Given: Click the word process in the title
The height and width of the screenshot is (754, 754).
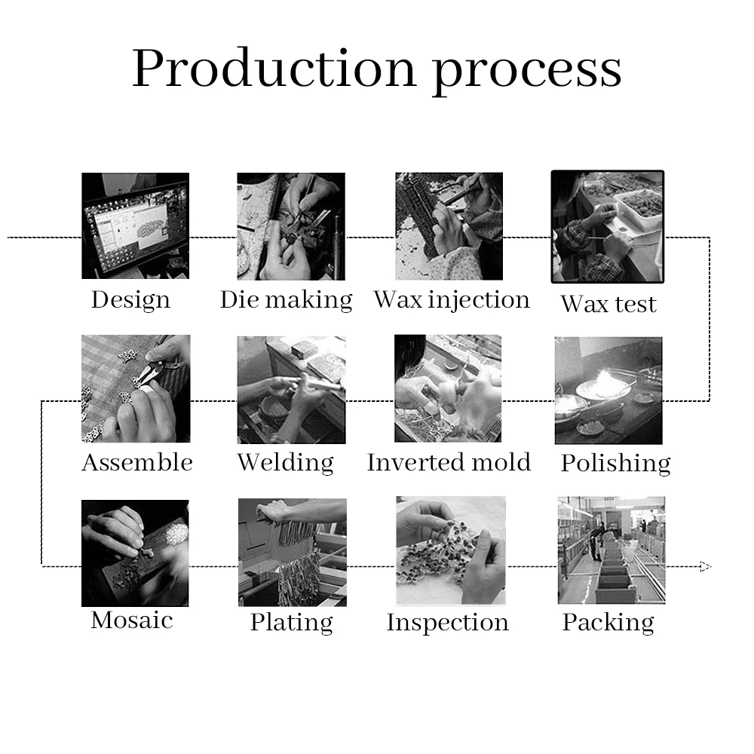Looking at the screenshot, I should click(527, 69).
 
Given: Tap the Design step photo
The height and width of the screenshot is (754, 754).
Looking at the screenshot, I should click(135, 225).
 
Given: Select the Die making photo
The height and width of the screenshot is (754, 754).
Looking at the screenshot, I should click(291, 226).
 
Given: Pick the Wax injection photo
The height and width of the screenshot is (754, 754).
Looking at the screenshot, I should click(449, 226).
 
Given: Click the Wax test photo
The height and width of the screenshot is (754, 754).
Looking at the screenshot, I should click(608, 226).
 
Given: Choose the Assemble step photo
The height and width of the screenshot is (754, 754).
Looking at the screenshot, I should click(136, 388).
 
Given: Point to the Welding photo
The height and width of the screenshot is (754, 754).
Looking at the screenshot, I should click(291, 389).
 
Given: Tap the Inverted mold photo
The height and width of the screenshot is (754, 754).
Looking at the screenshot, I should click(448, 388).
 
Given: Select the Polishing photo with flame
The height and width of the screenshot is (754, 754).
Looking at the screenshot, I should click(608, 390).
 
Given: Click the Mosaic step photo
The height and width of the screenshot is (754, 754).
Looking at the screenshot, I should click(135, 553).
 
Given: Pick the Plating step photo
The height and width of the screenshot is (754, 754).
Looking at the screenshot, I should click(292, 552).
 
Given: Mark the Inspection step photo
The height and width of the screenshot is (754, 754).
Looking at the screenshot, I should click(450, 550).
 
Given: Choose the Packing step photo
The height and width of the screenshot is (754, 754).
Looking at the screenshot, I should click(611, 550).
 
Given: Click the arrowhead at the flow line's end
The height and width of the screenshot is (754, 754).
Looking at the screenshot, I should click(705, 566).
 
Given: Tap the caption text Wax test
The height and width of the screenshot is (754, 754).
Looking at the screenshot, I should click(608, 304).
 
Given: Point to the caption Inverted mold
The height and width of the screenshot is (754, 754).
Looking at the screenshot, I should click(449, 462).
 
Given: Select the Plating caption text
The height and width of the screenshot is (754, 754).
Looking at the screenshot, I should click(292, 623).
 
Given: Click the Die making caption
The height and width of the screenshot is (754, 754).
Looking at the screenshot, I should click(287, 300).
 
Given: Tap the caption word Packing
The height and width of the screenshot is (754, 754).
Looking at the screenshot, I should click(608, 623).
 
